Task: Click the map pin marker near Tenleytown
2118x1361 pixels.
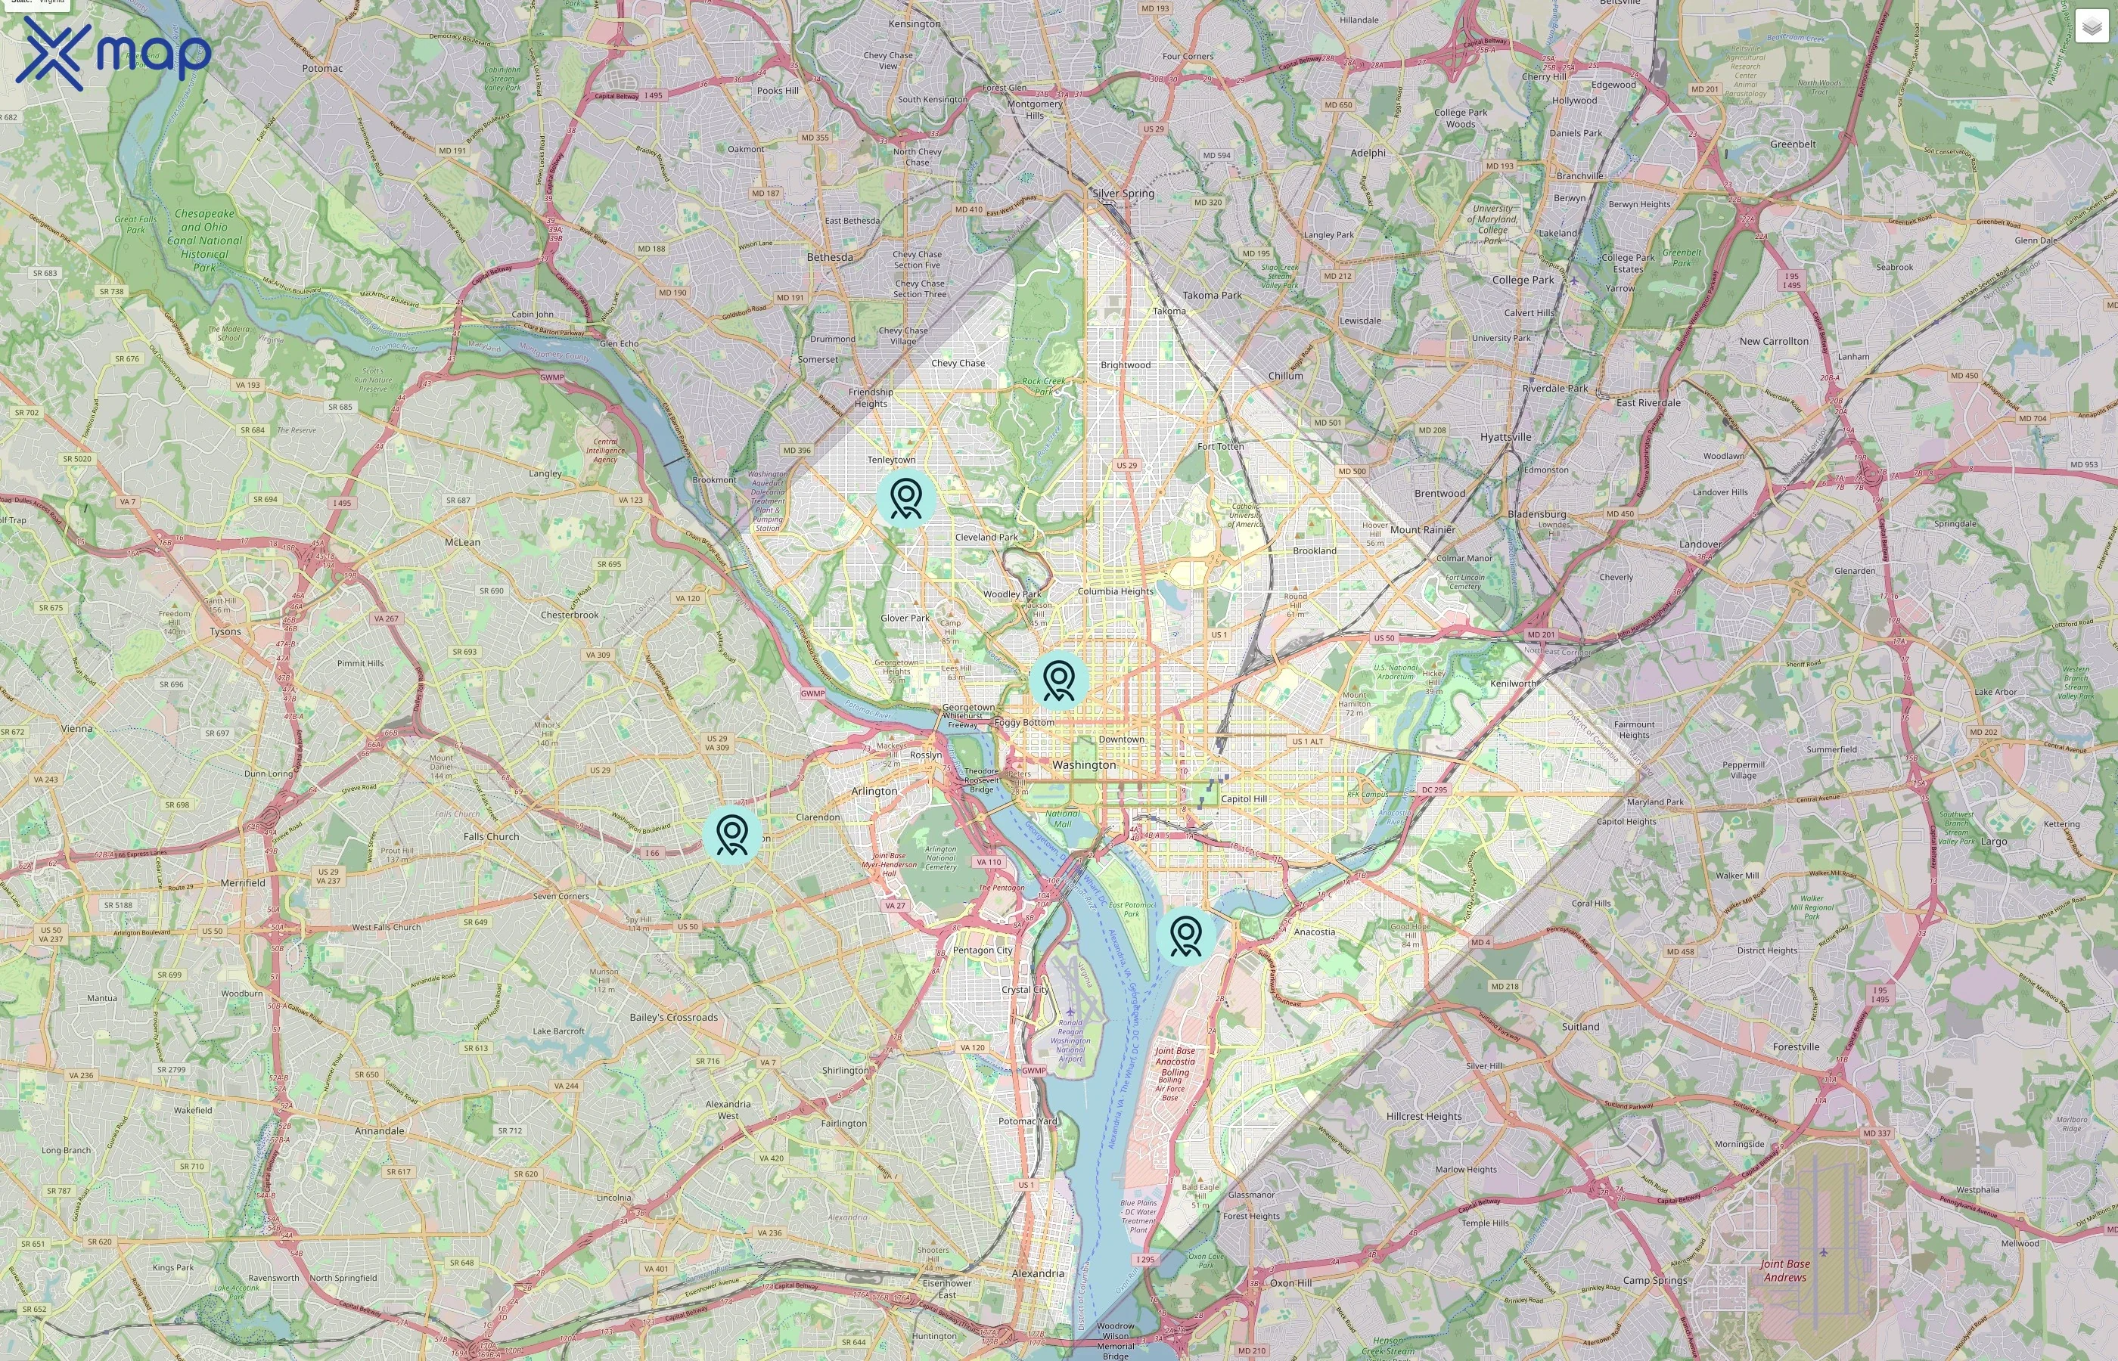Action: (906, 498)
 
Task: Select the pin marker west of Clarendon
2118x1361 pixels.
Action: (732, 833)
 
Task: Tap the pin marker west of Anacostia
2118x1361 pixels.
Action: (1185, 935)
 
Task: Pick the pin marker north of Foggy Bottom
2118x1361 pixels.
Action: (1058, 680)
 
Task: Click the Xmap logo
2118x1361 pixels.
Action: (113, 53)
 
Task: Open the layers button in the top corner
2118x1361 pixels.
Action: (2091, 26)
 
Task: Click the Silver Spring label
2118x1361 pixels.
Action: (1123, 193)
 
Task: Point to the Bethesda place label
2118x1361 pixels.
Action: (829, 257)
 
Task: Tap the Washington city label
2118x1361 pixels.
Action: (1084, 764)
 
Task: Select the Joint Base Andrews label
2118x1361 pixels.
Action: (1784, 1270)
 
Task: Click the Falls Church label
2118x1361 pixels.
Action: (491, 836)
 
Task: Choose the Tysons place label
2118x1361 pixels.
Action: (225, 631)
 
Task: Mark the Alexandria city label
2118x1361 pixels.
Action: (1038, 1273)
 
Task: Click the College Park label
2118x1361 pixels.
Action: (1522, 279)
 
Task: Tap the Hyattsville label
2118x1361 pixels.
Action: (1505, 436)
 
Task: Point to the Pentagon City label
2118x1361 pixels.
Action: (982, 950)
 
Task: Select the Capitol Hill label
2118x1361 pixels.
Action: (1243, 798)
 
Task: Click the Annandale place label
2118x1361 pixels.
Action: (379, 1130)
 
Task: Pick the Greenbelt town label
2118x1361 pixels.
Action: (1793, 144)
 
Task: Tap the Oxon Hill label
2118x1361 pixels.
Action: (1290, 1282)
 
